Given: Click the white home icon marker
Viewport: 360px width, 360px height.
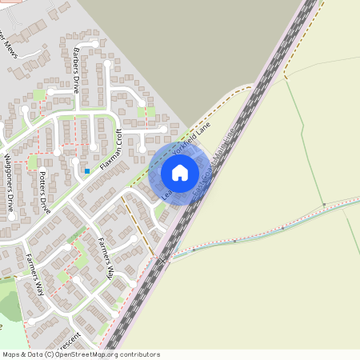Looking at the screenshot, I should [x=179, y=172].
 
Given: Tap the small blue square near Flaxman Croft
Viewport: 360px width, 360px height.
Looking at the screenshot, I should [x=86, y=170].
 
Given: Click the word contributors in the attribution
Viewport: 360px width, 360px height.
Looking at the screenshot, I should [x=138, y=354].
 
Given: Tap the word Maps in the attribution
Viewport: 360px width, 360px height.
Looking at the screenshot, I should [x=11, y=354].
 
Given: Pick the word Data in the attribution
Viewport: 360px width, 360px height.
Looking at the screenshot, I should [x=34, y=354].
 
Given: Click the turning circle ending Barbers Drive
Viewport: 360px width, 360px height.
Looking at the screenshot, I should [x=96, y=43].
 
